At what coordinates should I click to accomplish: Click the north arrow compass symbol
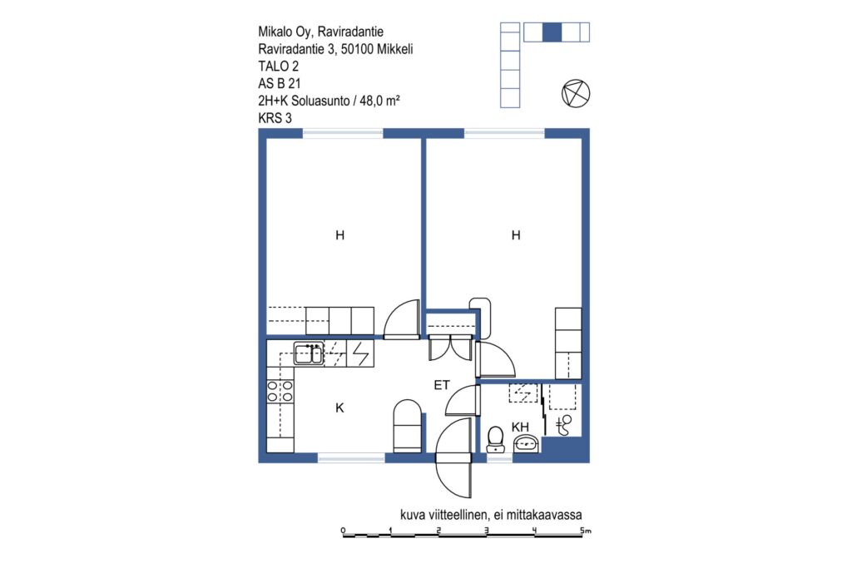coord(576,93)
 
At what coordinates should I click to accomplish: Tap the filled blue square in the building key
coord(552,32)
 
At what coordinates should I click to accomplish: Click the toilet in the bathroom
coord(495,439)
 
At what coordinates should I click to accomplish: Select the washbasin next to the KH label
coord(526,444)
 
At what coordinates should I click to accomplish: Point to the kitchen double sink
coord(309,353)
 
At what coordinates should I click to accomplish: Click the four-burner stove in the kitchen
coord(280,392)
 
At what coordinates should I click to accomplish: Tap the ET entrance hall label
coord(442,385)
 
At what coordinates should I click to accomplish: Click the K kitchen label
coord(339,407)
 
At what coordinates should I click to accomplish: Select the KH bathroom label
coord(520,427)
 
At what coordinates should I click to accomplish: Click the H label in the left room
coord(339,235)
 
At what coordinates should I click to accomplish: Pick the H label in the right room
coord(516,235)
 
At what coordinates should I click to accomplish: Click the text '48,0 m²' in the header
coord(379,101)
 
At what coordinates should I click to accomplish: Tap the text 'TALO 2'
coord(278,67)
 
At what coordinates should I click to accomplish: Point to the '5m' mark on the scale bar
coord(585,531)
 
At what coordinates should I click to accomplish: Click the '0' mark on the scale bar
coord(343,531)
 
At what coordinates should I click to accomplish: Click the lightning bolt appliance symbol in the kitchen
coord(361,353)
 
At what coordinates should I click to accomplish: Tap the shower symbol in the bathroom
coord(564,425)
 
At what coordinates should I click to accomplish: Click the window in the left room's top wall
coord(343,133)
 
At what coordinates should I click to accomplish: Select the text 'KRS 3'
coord(275,118)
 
